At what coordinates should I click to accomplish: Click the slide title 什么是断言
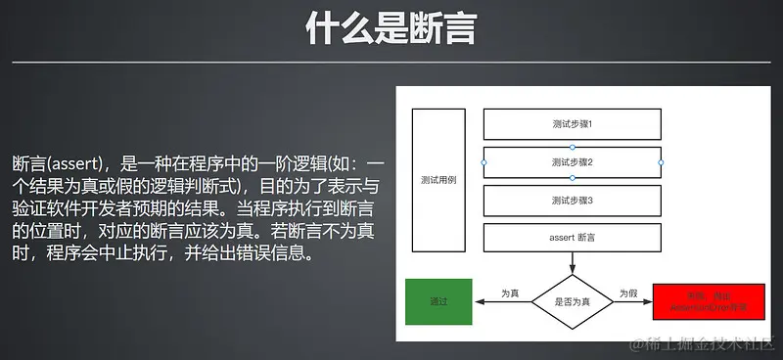pos(391,29)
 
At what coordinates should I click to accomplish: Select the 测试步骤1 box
pos(573,124)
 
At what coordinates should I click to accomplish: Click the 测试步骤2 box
pos(573,161)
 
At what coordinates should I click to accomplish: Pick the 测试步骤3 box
pos(573,200)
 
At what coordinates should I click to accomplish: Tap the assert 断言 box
pos(573,238)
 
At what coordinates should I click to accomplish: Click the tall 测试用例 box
pos(438,180)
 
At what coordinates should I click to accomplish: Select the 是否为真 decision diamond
pos(573,302)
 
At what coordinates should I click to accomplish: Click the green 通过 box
pos(438,302)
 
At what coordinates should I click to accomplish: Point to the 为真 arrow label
pos(510,293)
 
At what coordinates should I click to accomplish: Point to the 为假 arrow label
pos(627,293)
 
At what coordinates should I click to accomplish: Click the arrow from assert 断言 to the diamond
pos(573,263)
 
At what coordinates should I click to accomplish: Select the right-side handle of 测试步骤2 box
pos(661,161)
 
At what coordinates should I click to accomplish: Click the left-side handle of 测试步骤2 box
pos(484,161)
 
